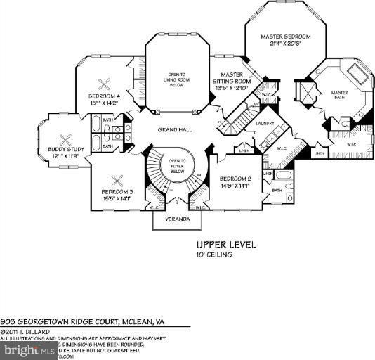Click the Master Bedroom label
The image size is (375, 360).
pos(285,37)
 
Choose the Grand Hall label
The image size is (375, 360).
pos(171,131)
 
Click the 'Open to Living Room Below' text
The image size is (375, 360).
pos(176,75)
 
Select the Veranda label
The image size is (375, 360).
pos(178,219)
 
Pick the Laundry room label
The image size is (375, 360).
pos(265,123)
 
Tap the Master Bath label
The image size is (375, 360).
pos(340,94)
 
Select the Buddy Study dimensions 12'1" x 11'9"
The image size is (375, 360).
pos(66,156)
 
